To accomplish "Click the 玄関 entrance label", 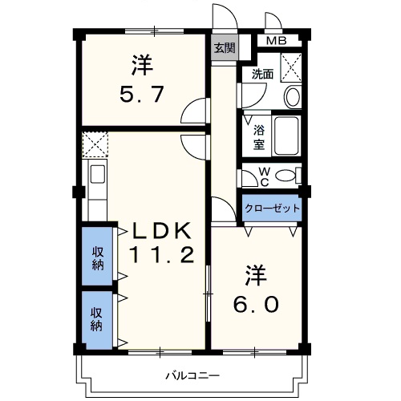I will pyautogui.click(x=225, y=47).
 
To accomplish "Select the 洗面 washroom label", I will pyautogui.click(x=262, y=74).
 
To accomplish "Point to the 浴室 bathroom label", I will pyautogui.click(x=259, y=137).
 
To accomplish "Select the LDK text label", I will pyautogui.click(x=162, y=232).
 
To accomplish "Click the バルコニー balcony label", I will pyautogui.click(x=192, y=375).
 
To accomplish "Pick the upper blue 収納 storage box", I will pyautogui.click(x=97, y=256).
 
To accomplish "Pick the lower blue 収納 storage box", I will pyautogui.click(x=97, y=319).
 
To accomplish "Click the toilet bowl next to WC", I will pyautogui.click(x=291, y=175).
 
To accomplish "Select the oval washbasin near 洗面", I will pyautogui.click(x=292, y=97).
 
